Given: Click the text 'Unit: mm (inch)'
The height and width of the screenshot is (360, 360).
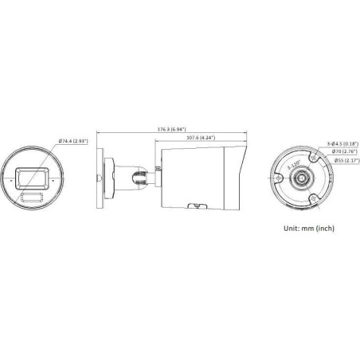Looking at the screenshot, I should click(x=315, y=228).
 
